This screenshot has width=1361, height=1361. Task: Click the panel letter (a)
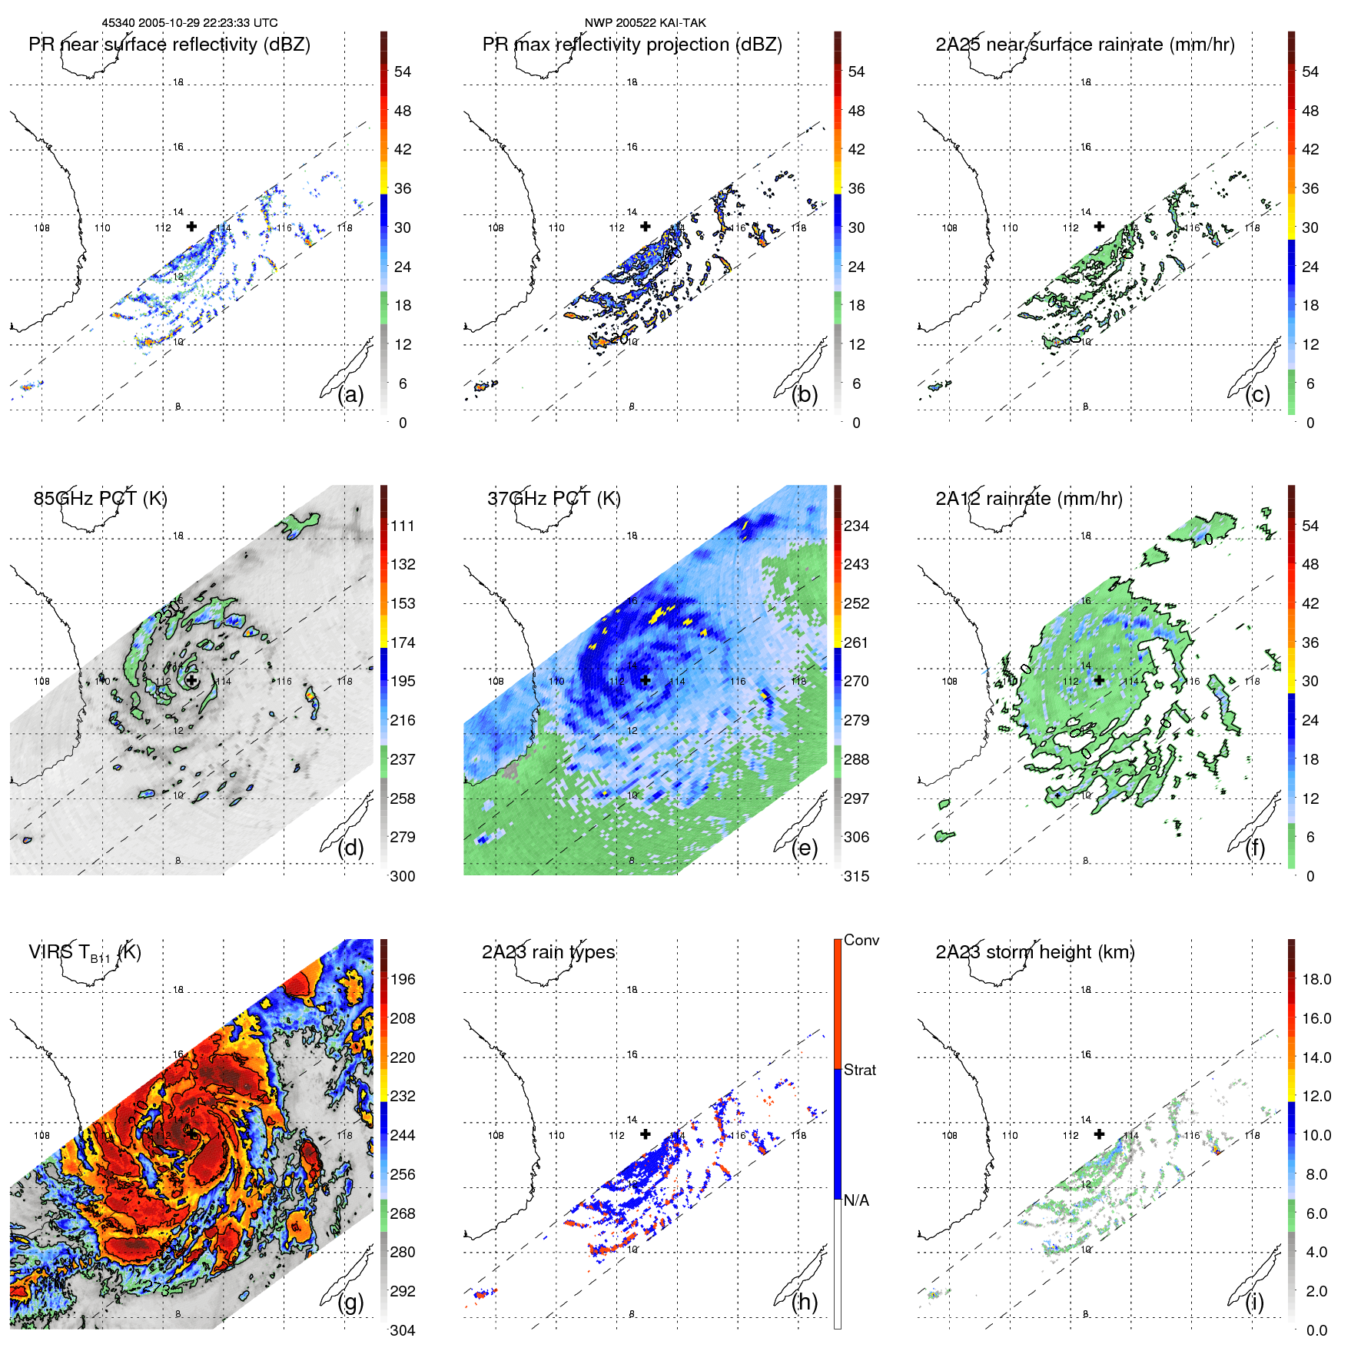pyautogui.click(x=350, y=395)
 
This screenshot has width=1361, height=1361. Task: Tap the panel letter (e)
pyautogui.click(x=805, y=848)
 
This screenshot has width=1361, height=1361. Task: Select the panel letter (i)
pyautogui.click(x=1254, y=1302)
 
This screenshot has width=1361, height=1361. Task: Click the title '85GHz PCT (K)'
pyautogui.click(x=100, y=498)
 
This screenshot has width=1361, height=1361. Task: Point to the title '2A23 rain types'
pyautogui.click(x=548, y=952)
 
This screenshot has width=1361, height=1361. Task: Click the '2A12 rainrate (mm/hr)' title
pyautogui.click(x=1028, y=498)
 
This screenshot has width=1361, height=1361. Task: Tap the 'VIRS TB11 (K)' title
pyautogui.click(x=85, y=953)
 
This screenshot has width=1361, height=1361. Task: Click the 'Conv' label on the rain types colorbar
pyautogui.click(x=861, y=940)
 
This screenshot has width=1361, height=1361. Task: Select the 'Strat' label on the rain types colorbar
pyautogui.click(x=859, y=1070)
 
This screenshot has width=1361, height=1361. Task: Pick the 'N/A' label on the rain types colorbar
pyautogui.click(x=856, y=1200)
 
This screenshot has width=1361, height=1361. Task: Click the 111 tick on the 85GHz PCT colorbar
pyautogui.click(x=402, y=526)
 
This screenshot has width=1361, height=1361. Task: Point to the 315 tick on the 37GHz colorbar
pyautogui.click(x=856, y=876)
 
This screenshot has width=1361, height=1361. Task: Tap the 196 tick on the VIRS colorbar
pyautogui.click(x=402, y=979)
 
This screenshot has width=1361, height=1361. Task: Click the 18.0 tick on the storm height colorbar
pyautogui.click(x=1316, y=979)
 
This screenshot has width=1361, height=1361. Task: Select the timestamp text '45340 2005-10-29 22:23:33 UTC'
pyautogui.click(x=190, y=23)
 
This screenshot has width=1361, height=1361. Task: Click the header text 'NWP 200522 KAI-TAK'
pyautogui.click(x=645, y=23)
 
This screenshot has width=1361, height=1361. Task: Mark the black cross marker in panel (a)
pyautogui.click(x=191, y=226)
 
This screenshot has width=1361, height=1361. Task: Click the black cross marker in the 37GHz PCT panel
pyautogui.click(x=646, y=680)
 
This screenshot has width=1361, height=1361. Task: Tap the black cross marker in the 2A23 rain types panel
pyautogui.click(x=646, y=1134)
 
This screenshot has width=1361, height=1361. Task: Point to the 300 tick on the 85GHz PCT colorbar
pyautogui.click(x=402, y=876)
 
